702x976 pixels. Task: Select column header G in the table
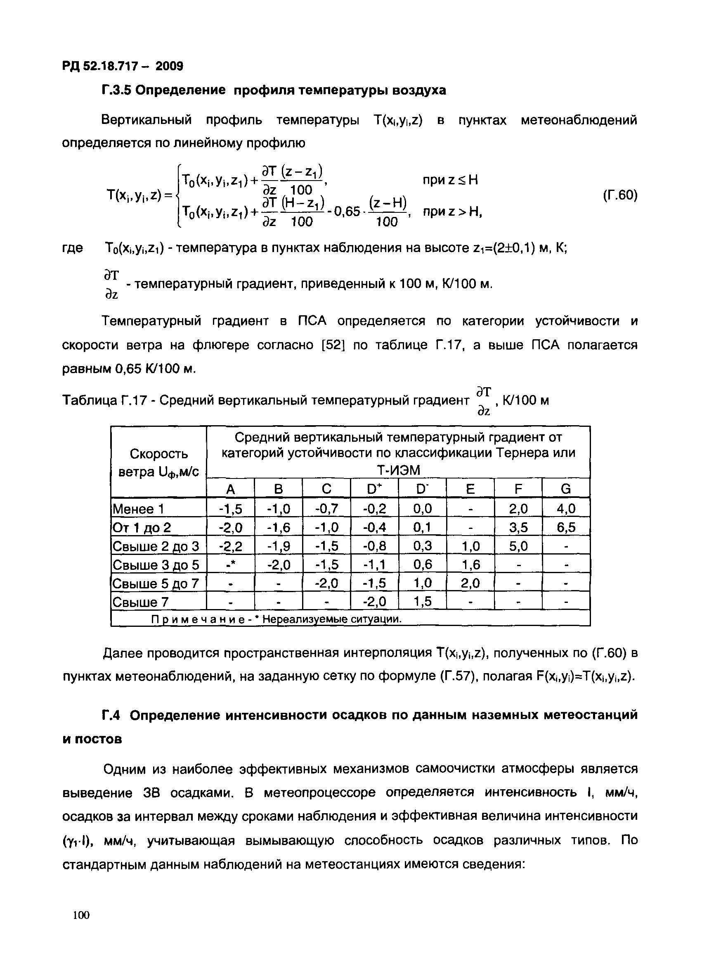566,489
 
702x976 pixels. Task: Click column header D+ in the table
374,489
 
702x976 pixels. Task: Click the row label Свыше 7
141,601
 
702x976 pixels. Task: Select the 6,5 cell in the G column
566,528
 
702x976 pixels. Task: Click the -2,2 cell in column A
230,546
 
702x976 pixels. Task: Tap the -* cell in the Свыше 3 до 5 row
230,564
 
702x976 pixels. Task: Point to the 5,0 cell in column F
518,546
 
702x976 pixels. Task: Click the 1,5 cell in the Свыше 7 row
422,601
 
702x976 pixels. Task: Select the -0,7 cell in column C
327,509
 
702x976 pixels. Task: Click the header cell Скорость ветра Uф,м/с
158,463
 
